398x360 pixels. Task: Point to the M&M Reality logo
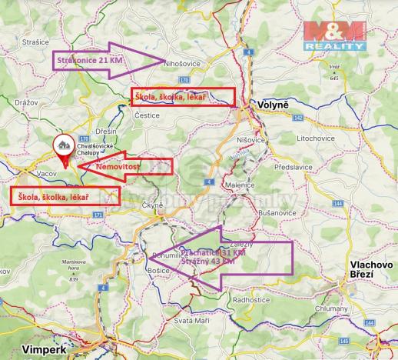335,35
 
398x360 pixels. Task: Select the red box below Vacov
64,196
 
